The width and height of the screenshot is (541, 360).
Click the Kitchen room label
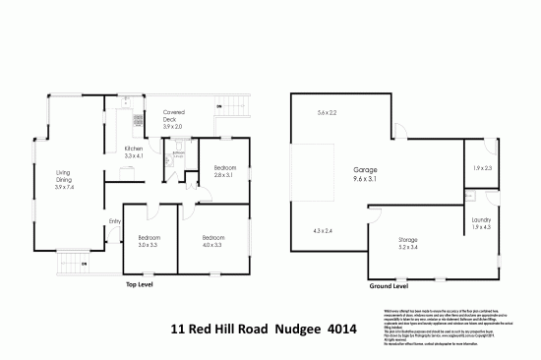(x=134, y=147)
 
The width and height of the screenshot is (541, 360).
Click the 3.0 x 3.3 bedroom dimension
(x=150, y=245)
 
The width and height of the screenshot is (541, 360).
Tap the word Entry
(x=114, y=220)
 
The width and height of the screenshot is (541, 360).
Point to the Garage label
(x=366, y=170)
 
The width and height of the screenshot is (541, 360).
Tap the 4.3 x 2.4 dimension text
(x=323, y=230)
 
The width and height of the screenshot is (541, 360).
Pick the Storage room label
(x=408, y=240)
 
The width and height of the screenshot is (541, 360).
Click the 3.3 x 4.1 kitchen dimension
(x=134, y=154)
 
